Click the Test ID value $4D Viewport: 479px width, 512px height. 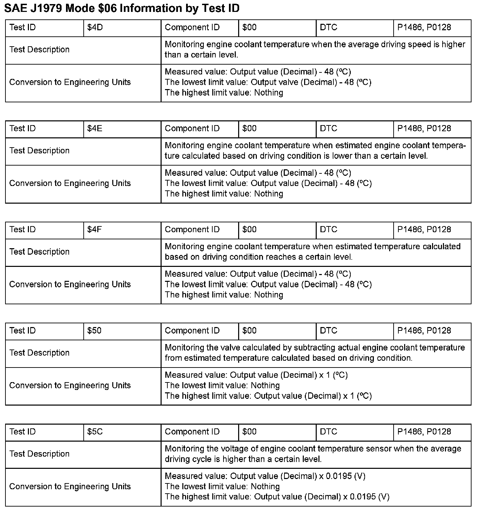tap(95, 28)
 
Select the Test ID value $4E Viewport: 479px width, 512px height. tap(95, 129)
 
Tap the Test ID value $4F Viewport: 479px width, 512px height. tap(95, 229)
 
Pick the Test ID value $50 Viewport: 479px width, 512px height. tap(94, 330)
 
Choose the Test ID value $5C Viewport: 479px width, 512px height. tap(95, 432)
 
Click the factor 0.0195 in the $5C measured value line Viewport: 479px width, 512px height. tap(339, 476)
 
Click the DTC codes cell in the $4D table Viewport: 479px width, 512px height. tap(424, 28)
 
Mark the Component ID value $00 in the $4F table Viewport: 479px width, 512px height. tap(249, 229)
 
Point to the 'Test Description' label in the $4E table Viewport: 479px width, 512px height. tap(39, 151)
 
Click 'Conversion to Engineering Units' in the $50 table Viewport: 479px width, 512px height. tap(70, 386)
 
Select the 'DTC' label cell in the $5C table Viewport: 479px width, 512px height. tap(329, 432)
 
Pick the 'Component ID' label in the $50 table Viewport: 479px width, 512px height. tap(192, 330)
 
